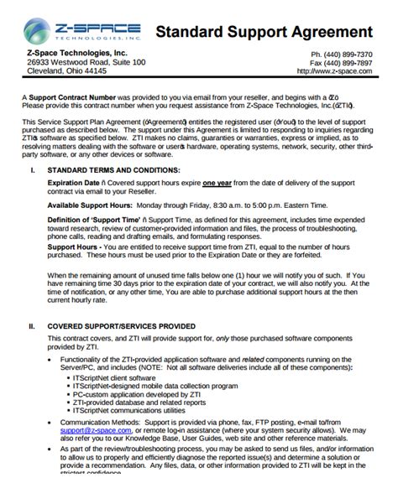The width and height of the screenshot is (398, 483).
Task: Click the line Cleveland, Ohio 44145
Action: (66, 72)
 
